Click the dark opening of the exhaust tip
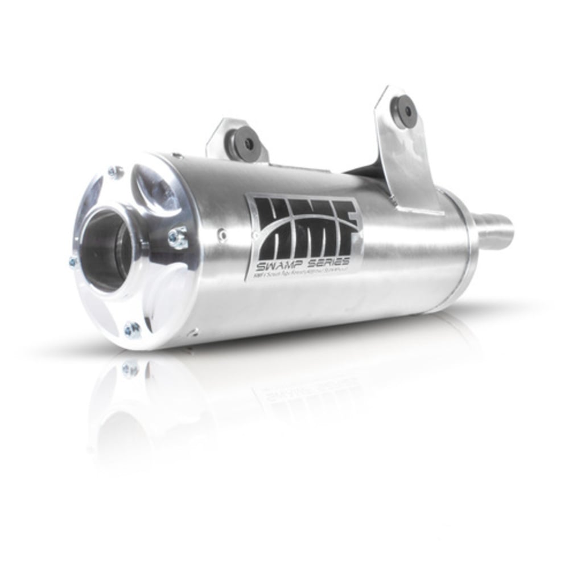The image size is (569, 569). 108,250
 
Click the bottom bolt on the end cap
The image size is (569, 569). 132,329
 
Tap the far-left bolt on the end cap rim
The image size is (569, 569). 73,262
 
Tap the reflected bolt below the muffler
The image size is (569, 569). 130,370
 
